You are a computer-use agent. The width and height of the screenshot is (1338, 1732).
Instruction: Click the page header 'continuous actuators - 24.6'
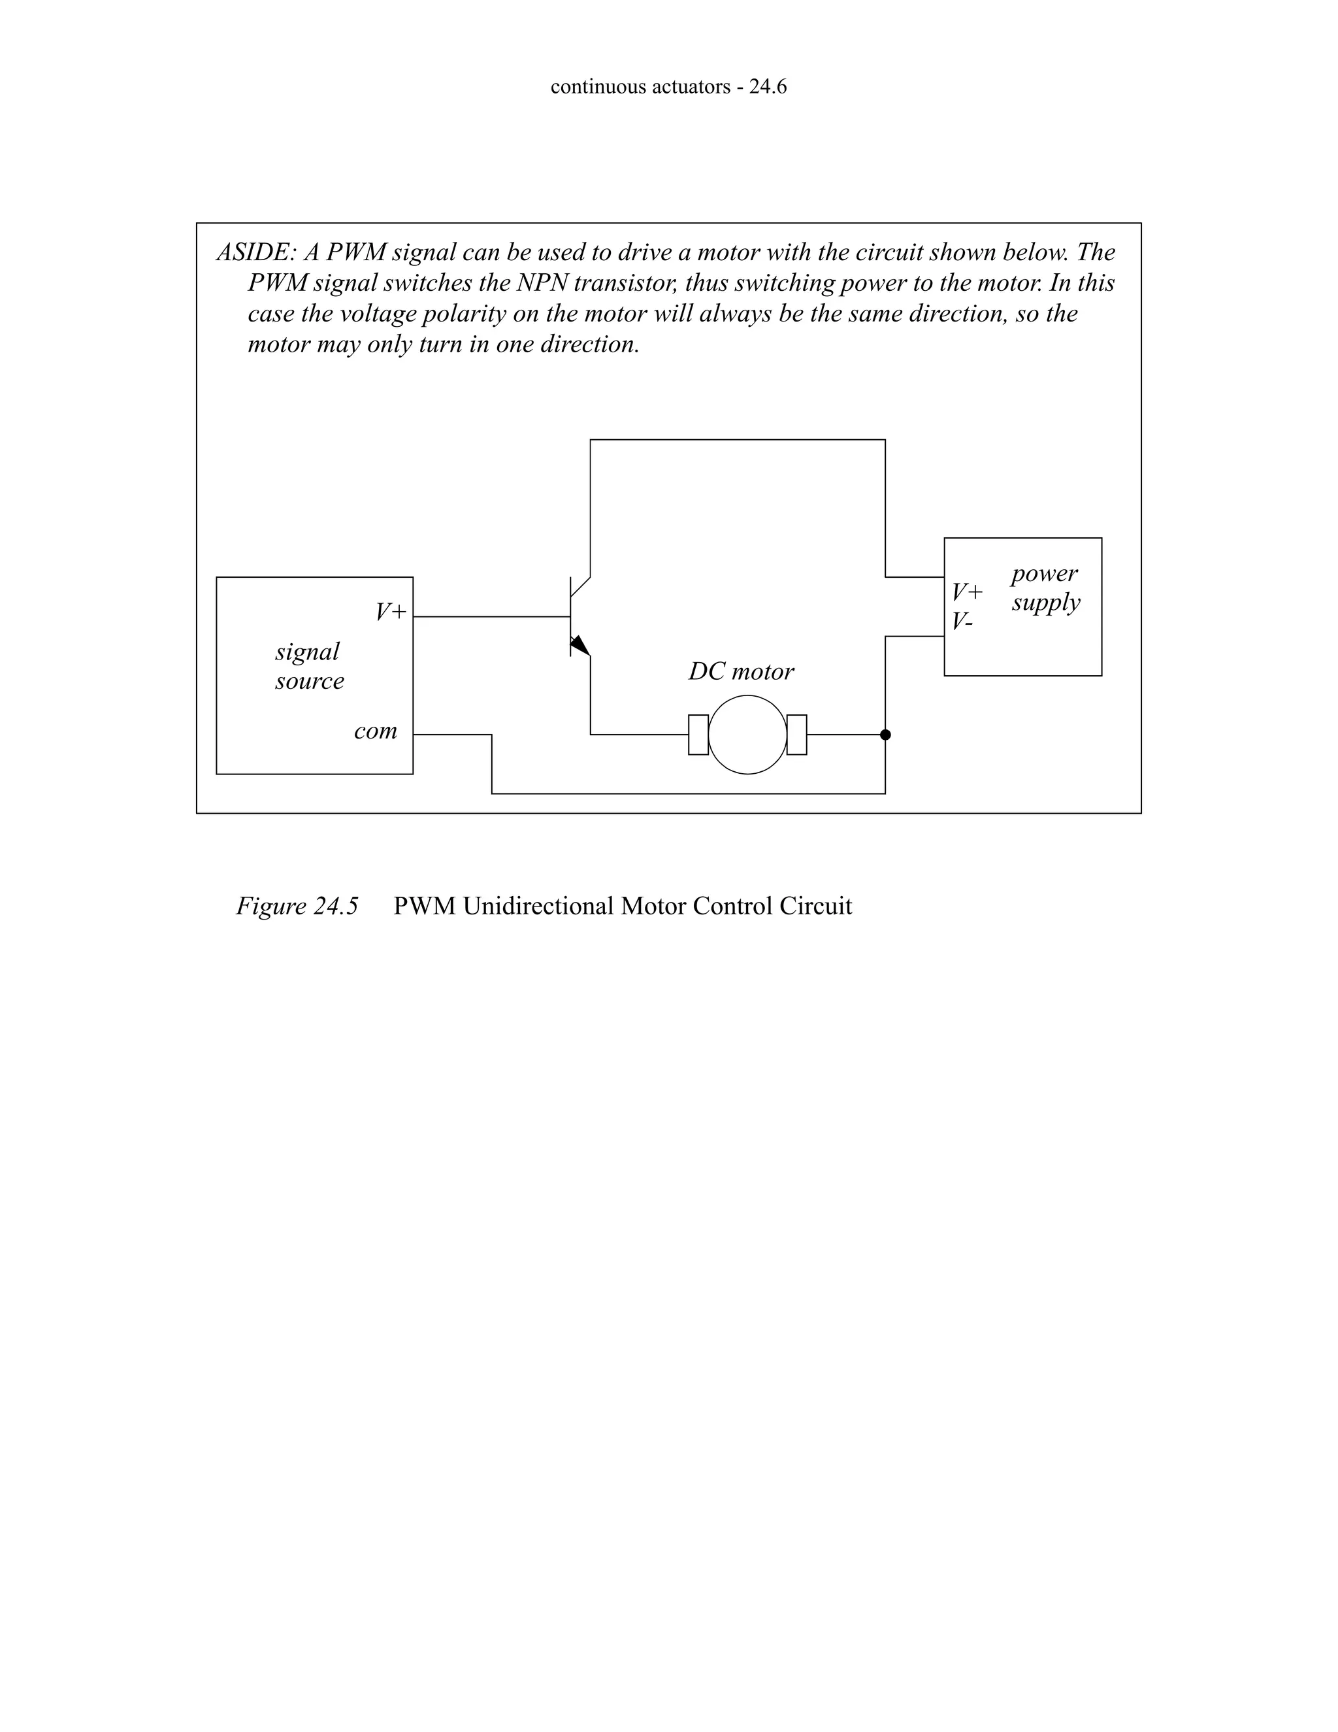(668, 87)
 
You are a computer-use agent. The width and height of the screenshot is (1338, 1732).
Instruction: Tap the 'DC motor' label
(740, 672)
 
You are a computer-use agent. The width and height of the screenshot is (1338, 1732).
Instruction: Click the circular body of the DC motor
(747, 735)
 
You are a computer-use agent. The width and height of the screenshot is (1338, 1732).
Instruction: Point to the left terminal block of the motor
(698, 735)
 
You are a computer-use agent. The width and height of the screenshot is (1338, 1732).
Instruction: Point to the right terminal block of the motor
(796, 735)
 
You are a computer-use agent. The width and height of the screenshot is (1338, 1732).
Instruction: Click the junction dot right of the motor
(885, 735)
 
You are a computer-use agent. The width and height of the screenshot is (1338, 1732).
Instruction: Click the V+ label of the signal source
(391, 612)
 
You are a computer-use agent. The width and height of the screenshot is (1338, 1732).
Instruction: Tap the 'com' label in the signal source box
(375, 731)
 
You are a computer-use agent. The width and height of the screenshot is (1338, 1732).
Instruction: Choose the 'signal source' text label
(309, 666)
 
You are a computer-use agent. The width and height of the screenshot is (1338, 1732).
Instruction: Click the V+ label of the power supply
(967, 591)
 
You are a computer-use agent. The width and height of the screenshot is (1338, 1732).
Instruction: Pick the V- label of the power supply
(962, 621)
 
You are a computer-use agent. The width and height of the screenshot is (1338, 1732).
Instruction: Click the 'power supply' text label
(1045, 588)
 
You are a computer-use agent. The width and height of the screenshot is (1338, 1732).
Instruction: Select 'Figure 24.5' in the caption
(297, 906)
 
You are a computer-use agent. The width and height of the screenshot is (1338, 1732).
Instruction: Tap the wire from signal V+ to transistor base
(491, 616)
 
